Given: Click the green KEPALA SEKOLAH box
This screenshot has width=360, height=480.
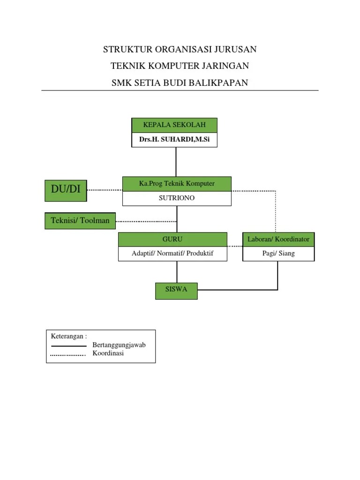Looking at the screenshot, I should tap(174, 125).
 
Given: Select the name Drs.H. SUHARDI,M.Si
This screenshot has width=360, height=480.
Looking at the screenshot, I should tap(174, 140).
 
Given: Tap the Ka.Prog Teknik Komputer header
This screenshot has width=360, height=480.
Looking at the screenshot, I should tap(177, 184).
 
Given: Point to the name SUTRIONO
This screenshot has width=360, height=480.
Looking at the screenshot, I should tap(177, 198).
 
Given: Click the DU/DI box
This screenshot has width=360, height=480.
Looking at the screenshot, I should tap(66, 190).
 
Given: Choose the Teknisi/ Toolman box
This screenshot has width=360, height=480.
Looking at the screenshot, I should tap(80, 221).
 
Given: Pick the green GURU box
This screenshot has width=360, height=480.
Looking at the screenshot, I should tap(172, 240).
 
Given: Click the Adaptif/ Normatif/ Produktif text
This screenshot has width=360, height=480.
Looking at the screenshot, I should tap(172, 254).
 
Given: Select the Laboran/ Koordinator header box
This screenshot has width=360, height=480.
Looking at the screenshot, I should tap(278, 240).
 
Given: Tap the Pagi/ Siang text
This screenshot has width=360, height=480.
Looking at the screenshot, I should tap(278, 254).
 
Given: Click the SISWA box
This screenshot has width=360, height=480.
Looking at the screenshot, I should tap(176, 290).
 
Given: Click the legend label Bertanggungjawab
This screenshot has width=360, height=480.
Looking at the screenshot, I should tap(119, 345).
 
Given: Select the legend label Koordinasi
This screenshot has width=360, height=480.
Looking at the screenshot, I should tap(108, 354).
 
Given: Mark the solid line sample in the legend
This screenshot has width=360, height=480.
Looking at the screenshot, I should tap(68, 346).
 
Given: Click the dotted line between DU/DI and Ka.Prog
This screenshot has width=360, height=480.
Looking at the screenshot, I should tap(105, 190).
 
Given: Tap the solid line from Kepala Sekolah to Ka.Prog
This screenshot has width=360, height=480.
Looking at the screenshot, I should tap(176, 162).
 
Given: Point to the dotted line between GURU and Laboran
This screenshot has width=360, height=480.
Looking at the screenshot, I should tap(235, 246).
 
